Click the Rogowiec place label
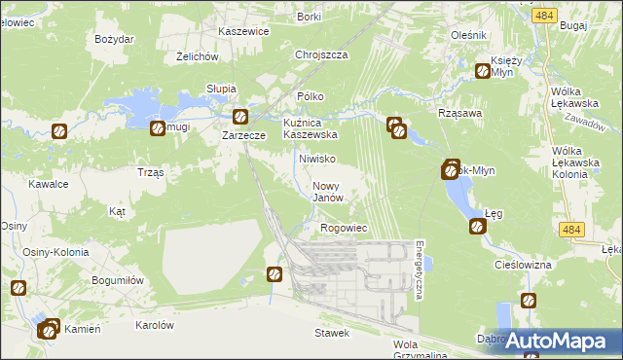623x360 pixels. (x=343, y=228)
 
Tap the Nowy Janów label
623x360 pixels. (x=329, y=191)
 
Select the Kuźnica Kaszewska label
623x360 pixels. (x=310, y=128)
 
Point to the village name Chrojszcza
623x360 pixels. (x=321, y=55)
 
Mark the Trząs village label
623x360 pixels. (x=151, y=171)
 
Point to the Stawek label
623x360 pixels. (x=332, y=333)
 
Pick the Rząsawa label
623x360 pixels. (x=461, y=113)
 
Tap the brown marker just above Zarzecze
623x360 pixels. (x=239, y=117)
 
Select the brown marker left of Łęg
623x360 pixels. (x=477, y=227)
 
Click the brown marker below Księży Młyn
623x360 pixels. (x=482, y=70)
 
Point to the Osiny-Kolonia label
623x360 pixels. (x=57, y=252)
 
